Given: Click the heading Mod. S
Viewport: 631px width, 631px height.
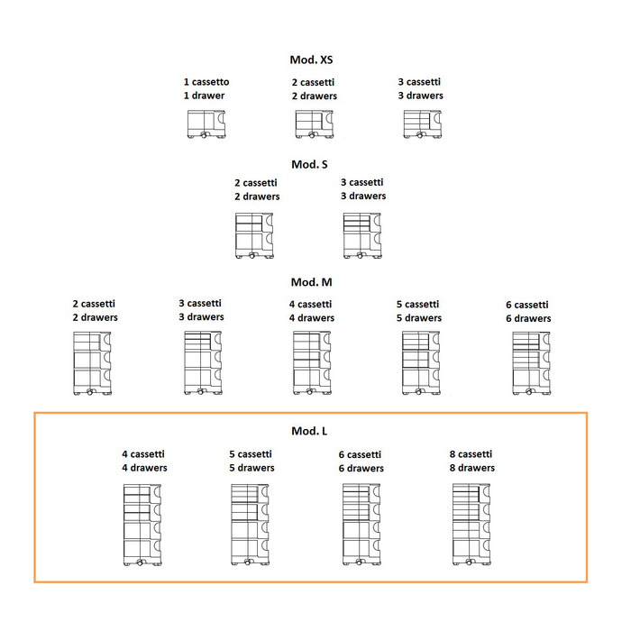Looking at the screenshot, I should pos(309,164).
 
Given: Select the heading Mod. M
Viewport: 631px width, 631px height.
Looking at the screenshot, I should pos(311,282).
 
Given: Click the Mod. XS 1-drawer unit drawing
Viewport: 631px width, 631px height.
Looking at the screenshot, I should pos(206,123).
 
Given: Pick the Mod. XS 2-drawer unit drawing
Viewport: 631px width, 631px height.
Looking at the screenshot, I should pos(314,123).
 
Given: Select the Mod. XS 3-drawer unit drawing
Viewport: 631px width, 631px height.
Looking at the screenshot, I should pos(420,123).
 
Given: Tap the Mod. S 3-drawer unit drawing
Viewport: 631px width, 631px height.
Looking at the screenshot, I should pos(363,236).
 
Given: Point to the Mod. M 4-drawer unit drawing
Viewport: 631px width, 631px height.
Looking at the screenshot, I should pos(312,363).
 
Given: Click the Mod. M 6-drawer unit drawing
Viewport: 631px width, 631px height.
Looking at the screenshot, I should pos(529,363).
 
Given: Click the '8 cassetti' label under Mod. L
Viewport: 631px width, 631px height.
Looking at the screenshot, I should pos(471,454).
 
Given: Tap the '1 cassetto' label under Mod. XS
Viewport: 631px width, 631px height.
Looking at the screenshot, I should pos(206,82).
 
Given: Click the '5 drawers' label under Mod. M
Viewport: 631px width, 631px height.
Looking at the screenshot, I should pos(421,318).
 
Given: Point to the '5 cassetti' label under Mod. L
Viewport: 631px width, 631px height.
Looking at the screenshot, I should pos(251,454).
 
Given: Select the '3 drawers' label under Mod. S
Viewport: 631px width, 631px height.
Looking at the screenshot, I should pos(362,196).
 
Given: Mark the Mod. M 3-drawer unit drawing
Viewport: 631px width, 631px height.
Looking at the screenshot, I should pos(201,363).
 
